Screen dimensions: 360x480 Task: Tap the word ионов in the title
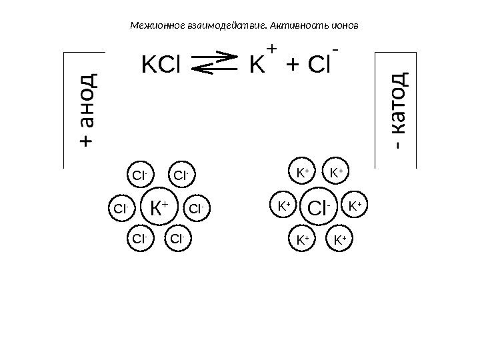pyautogui.click(x=345, y=29)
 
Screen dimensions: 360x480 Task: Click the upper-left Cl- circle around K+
pyautogui.click(x=139, y=176)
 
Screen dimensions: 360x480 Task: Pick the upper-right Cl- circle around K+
pyautogui.click(x=181, y=176)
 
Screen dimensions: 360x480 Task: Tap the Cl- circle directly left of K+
pyautogui.click(x=121, y=209)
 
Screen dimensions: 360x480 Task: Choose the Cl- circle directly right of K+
pyautogui.click(x=196, y=209)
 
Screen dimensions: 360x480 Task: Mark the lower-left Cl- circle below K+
pyautogui.click(x=139, y=238)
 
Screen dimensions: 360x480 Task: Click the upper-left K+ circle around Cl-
pyautogui.click(x=303, y=173)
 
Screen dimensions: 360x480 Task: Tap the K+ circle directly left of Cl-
pyautogui.click(x=285, y=206)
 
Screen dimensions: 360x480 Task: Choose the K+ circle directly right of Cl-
pyautogui.click(x=355, y=206)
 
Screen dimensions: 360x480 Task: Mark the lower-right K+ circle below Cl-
pyautogui.click(x=339, y=238)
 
